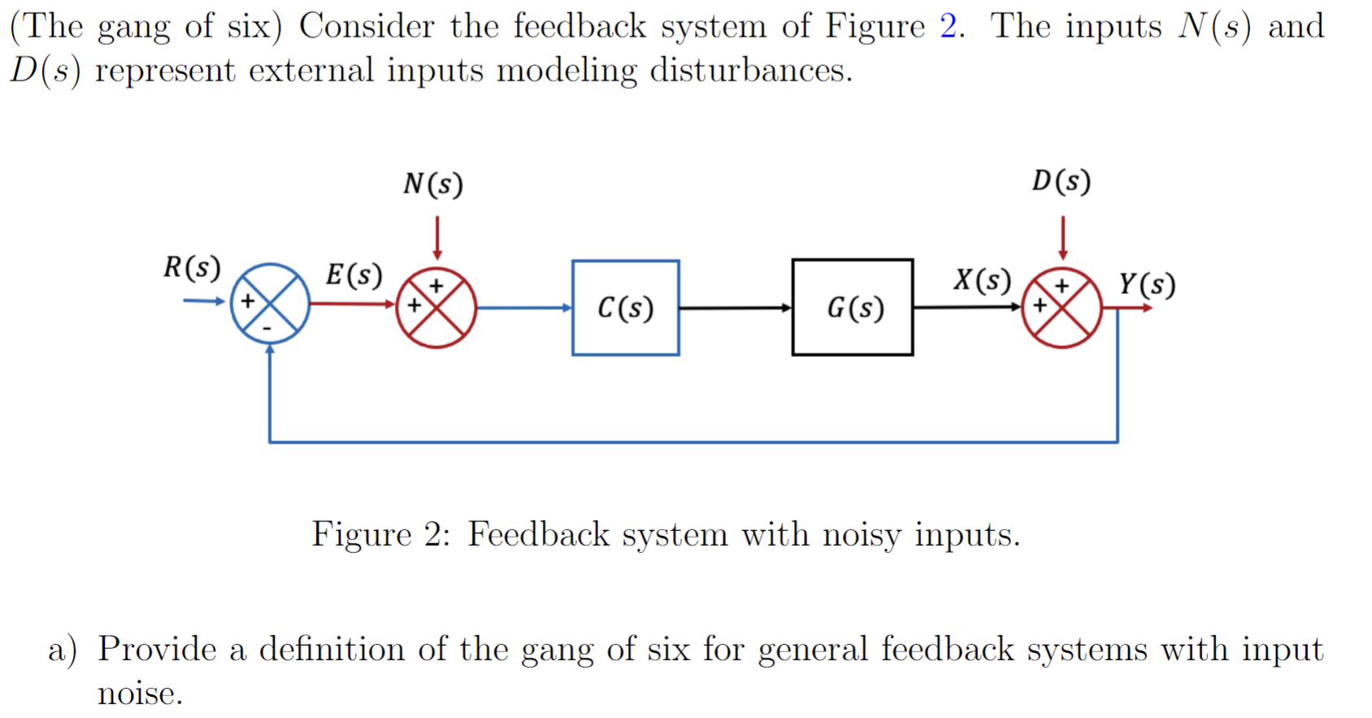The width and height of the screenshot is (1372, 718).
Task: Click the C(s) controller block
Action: [x=625, y=307]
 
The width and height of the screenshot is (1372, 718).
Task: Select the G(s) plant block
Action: [x=852, y=307]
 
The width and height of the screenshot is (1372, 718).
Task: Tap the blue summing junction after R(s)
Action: [x=270, y=303]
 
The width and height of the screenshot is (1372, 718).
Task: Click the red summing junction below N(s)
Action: [x=436, y=308]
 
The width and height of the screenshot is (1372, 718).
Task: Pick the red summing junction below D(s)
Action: [x=1062, y=308]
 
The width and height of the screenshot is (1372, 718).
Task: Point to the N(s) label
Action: [x=432, y=184]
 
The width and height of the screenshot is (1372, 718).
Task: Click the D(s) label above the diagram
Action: [x=1061, y=181]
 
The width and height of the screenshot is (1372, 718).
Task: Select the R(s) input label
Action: [x=192, y=268]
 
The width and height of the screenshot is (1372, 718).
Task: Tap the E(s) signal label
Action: [x=354, y=275]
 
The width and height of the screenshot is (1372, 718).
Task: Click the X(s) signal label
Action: [x=982, y=281]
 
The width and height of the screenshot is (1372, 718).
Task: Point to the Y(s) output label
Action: [x=1146, y=284]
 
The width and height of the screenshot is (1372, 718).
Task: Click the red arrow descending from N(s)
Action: [x=437, y=237]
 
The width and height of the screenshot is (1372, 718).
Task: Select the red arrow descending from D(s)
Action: [x=1062, y=237]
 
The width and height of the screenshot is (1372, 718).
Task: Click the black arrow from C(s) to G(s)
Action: [x=735, y=308]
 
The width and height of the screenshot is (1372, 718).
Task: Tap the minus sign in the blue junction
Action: [x=267, y=329]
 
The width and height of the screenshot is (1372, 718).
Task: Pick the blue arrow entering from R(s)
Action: [x=203, y=301]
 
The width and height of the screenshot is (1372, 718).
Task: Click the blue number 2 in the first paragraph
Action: [x=948, y=26]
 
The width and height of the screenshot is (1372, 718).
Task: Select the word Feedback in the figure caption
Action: [x=538, y=535]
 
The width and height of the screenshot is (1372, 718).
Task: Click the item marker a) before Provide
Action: [x=63, y=650]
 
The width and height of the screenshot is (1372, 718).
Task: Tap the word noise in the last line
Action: [x=139, y=694]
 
